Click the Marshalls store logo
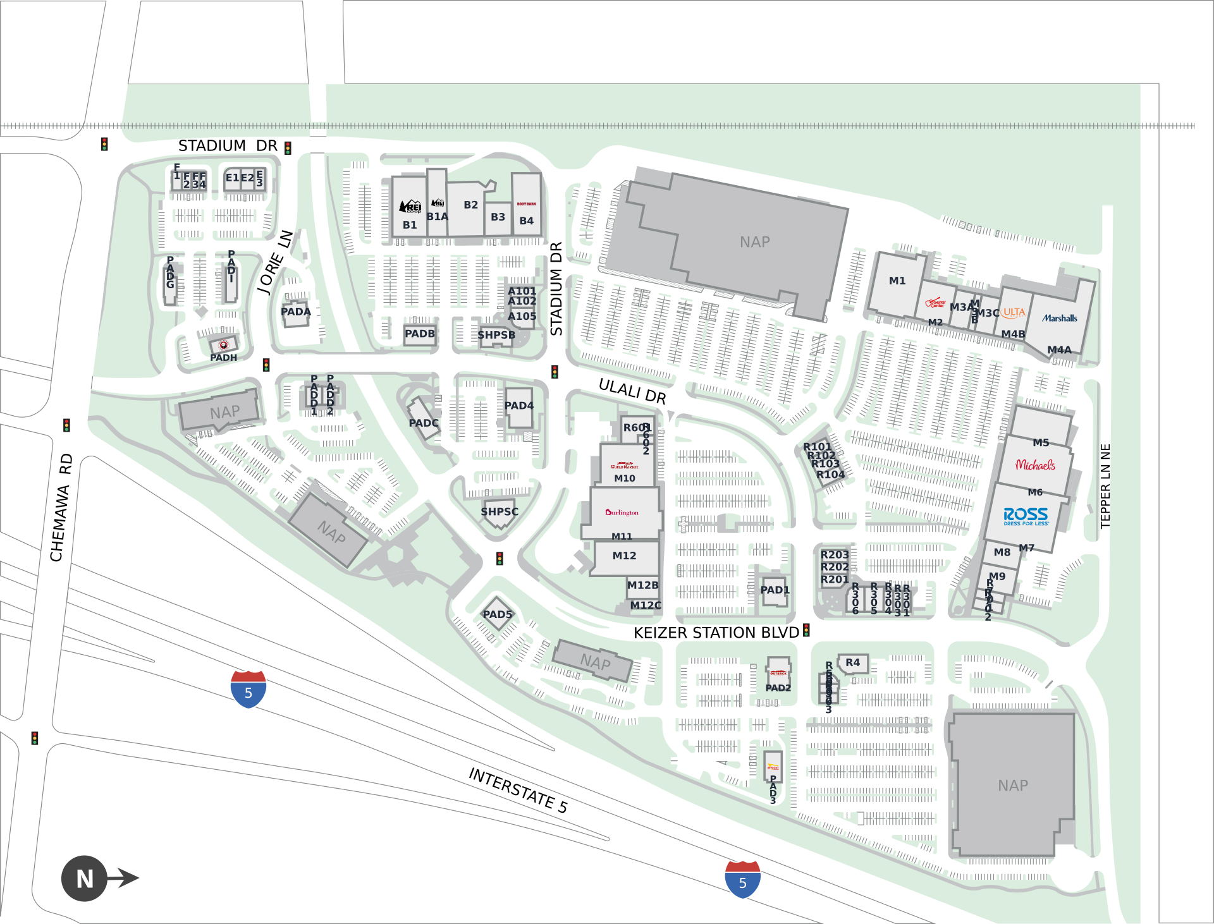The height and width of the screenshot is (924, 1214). [1060, 318]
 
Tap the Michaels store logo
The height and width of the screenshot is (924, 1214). [1035, 465]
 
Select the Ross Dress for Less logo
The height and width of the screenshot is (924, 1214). [1026, 516]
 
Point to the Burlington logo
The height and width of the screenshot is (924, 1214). [622, 513]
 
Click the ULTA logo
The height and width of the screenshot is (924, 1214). [1014, 312]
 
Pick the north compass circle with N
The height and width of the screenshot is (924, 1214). [84, 878]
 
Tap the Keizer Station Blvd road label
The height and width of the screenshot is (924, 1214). [716, 633]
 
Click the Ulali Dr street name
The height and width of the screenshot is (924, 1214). [632, 391]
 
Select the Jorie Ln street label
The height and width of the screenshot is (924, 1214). [274, 263]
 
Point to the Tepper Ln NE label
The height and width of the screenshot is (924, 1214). [1105, 486]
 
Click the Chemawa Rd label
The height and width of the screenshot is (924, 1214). [61, 508]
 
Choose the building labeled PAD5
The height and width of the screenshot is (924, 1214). [498, 614]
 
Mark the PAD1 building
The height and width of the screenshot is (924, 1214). [775, 590]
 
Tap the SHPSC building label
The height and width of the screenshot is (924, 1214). [499, 512]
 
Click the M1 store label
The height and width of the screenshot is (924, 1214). [897, 281]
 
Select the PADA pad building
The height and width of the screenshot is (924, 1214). [295, 312]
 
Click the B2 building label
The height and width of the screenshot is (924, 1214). [470, 205]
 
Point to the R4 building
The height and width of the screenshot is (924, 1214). [852, 663]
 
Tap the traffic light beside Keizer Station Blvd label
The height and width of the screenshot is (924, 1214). [806, 630]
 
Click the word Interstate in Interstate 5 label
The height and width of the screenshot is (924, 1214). [512, 787]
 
